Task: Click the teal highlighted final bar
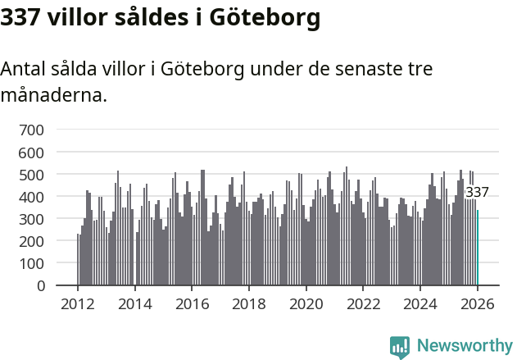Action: (478, 248)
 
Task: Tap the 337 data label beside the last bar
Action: (477, 193)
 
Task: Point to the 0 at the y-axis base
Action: (41, 286)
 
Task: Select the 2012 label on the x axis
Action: (78, 304)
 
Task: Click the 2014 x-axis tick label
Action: (135, 304)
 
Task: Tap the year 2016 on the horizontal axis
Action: (192, 304)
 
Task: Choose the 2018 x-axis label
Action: (249, 304)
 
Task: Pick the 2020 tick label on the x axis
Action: (306, 304)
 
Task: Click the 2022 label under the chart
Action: (363, 304)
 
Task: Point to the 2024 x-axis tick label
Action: (420, 304)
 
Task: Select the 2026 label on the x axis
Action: (477, 304)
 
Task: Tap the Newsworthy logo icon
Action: (400, 347)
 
